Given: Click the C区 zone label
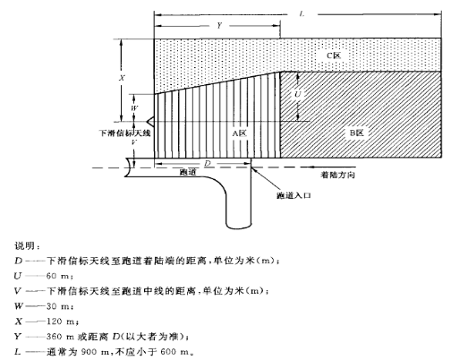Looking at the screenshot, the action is click(334, 56).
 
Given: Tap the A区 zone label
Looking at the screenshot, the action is click(240, 133).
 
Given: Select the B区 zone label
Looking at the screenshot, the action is click(357, 133).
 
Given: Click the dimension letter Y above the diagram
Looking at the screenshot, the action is click(219, 25).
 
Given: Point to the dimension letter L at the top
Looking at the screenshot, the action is click(302, 14).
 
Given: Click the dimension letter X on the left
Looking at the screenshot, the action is click(122, 78).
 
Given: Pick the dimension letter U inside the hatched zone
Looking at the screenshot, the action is click(298, 94).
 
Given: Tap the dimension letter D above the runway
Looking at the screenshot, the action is click(208, 163).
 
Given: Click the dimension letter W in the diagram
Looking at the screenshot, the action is click(134, 108).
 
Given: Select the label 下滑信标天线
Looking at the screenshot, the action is click(125, 133).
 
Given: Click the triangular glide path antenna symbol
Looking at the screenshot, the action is click(150, 122).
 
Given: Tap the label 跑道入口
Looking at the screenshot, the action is click(294, 195).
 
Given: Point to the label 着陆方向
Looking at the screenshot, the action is click(337, 175).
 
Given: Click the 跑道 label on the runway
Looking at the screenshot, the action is click(188, 172).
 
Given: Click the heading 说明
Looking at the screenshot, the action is click(27, 246).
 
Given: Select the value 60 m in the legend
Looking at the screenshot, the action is click(59, 276).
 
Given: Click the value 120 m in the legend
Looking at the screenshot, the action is click(62, 321).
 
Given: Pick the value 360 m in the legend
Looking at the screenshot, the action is click(60, 337).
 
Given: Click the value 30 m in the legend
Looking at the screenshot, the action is click(59, 306).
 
